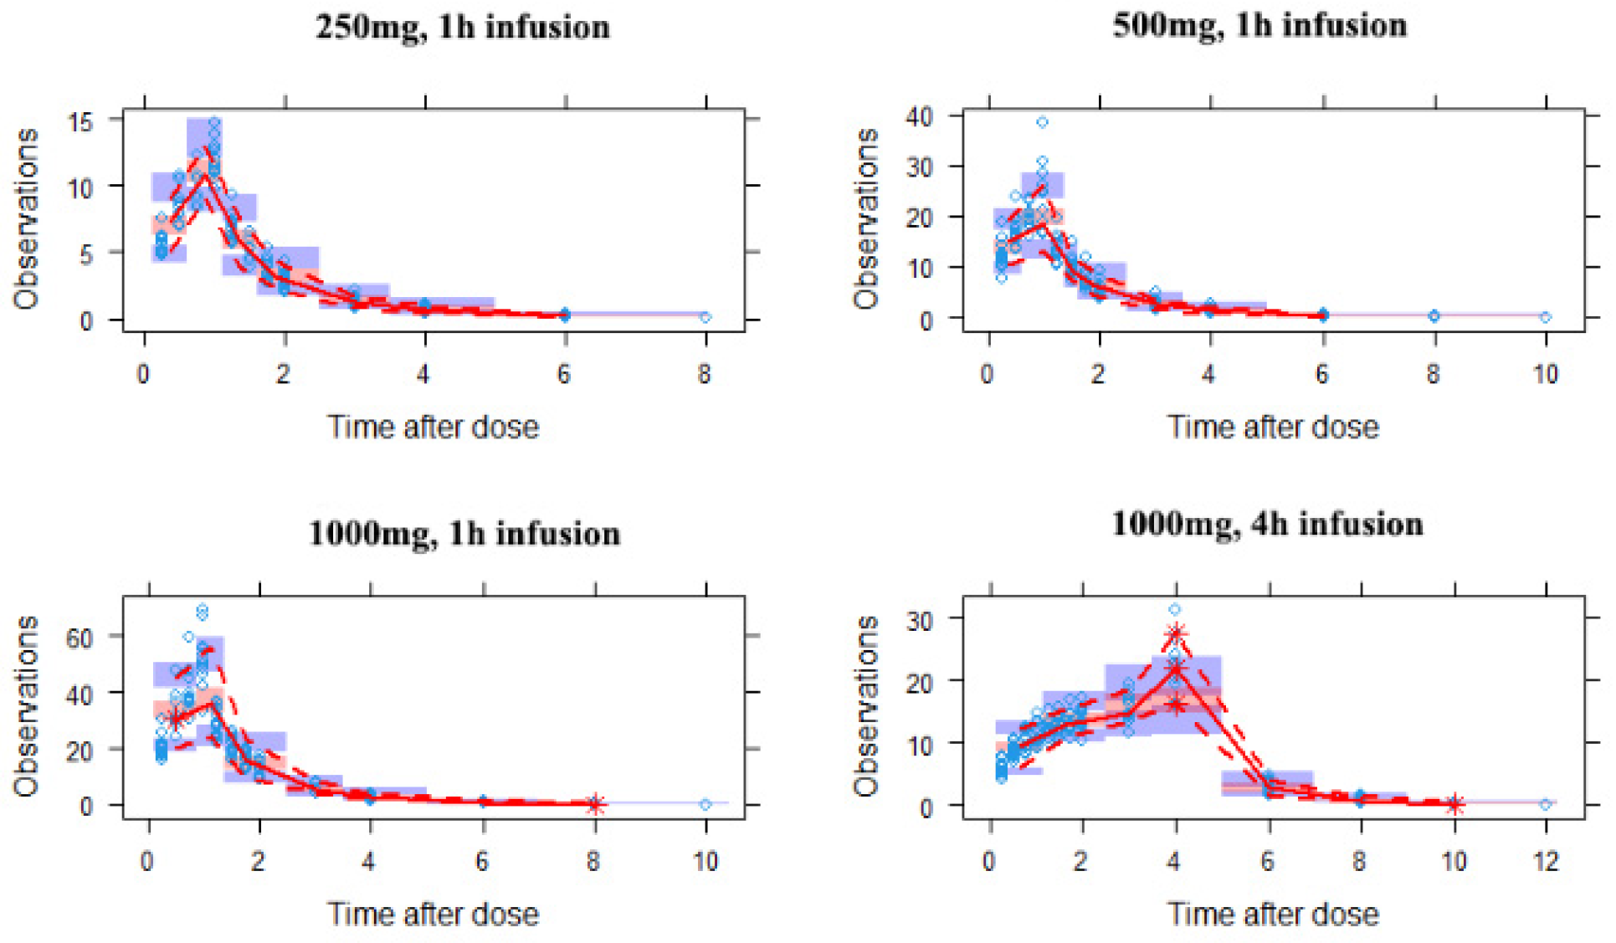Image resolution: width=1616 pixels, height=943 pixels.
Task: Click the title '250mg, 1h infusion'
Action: (463, 28)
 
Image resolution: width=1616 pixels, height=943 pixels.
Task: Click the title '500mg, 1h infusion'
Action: (1259, 26)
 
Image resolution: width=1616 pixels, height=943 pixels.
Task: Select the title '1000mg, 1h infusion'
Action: (464, 534)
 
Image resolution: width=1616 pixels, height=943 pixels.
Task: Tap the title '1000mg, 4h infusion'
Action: (1267, 525)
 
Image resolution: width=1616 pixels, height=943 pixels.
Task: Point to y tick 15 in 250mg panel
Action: (81, 121)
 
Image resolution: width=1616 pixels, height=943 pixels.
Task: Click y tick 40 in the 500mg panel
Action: (919, 116)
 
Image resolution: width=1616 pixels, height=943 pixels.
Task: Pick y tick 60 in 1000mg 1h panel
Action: (80, 638)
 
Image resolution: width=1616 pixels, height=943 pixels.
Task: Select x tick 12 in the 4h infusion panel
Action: (1546, 861)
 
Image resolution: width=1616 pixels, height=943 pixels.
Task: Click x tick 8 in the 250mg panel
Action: (705, 374)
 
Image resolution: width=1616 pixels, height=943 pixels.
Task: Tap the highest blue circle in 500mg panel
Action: (1042, 122)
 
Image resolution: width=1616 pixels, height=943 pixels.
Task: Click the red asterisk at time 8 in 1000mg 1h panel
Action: (594, 804)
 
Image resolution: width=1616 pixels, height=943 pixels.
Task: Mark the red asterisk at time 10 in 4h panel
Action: (1454, 804)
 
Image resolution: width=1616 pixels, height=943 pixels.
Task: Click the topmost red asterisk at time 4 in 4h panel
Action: (1176, 633)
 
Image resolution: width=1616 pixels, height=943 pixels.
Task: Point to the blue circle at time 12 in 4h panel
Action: (1546, 804)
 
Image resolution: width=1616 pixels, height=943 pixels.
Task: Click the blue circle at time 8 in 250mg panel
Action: (705, 317)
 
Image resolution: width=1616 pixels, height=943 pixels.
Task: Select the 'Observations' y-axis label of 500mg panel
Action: (866, 219)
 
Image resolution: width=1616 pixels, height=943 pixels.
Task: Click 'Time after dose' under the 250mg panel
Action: (433, 428)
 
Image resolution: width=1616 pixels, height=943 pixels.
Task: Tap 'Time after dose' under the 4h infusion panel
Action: (1273, 915)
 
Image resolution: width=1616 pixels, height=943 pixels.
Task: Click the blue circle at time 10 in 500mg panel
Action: (1546, 317)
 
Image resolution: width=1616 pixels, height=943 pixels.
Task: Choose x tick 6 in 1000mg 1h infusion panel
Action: (482, 861)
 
